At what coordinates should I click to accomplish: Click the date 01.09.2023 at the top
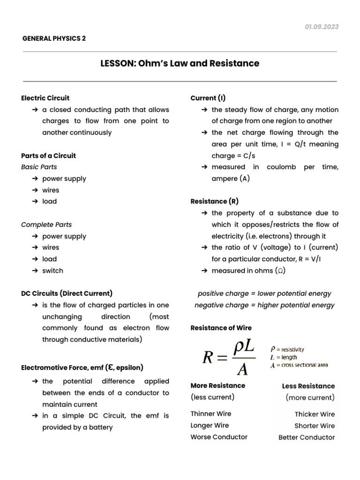point(321,27)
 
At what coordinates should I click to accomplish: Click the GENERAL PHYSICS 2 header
point(54,38)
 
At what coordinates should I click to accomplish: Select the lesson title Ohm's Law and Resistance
point(180,63)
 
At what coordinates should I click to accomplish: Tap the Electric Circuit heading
point(45,98)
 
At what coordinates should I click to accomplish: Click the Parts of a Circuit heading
point(48,156)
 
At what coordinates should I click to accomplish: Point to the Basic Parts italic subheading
point(39,167)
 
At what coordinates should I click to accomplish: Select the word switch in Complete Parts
point(52,270)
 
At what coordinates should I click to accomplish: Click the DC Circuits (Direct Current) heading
point(67,293)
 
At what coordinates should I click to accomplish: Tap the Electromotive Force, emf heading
point(82,367)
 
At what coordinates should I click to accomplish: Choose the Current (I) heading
point(208,98)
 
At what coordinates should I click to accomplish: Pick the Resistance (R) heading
point(214,202)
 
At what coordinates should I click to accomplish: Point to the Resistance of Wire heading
point(221,328)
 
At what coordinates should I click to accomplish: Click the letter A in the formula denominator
point(242,370)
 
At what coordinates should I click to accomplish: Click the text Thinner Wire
point(210,414)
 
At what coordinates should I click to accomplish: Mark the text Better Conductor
point(307,437)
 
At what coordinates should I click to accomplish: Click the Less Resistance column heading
point(308,386)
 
